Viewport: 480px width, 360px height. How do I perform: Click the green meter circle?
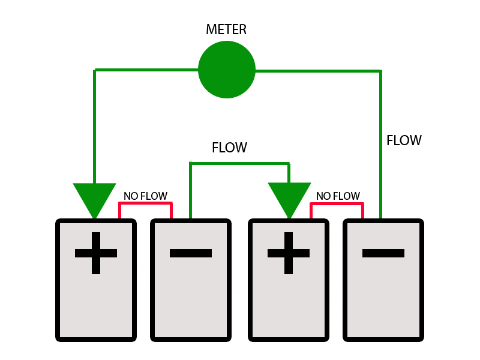click(227, 69)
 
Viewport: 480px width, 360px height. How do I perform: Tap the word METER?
click(226, 30)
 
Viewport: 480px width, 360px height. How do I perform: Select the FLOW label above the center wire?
click(229, 148)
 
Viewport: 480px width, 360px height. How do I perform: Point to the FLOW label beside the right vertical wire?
click(404, 140)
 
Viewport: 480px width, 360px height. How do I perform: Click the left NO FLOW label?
click(145, 196)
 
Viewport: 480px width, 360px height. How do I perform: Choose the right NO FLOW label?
click(338, 196)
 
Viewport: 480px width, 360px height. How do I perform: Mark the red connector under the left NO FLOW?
click(146, 204)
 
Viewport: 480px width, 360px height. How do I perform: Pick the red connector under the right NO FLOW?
click(337, 204)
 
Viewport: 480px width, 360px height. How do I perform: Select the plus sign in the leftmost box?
click(96, 253)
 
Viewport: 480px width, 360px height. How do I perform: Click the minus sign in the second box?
click(191, 253)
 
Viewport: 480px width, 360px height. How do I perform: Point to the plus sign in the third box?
click(289, 253)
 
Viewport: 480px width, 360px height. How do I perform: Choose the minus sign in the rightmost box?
click(383, 253)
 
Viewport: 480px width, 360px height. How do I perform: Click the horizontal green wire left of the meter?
click(146, 70)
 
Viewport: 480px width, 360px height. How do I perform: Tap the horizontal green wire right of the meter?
click(318, 71)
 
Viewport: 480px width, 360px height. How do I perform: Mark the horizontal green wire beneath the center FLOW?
click(239, 163)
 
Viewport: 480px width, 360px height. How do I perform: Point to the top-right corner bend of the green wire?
click(380, 71)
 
